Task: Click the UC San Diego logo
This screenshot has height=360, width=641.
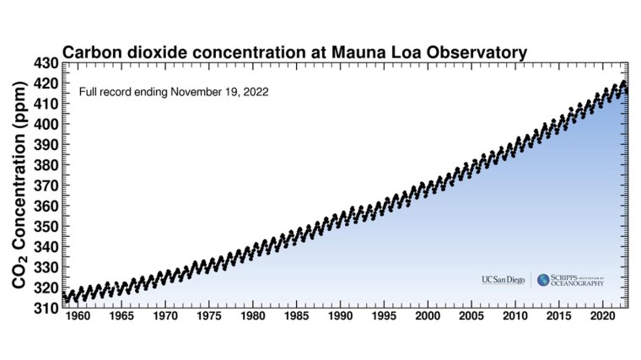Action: click(503, 280)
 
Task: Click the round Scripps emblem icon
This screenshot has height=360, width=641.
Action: click(544, 280)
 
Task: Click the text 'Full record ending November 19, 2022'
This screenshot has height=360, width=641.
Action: click(174, 91)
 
